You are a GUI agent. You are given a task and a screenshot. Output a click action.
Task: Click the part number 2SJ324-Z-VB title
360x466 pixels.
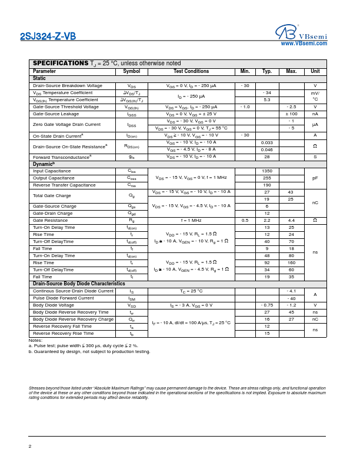(x=48, y=36)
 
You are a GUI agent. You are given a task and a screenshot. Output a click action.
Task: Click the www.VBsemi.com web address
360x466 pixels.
(x=304, y=44)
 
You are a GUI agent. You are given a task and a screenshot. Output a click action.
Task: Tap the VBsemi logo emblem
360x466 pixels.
(x=285, y=32)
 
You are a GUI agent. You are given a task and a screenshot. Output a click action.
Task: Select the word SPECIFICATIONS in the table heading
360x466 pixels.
(x=60, y=63)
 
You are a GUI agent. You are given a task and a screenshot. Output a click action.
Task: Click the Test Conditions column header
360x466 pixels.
(x=191, y=71)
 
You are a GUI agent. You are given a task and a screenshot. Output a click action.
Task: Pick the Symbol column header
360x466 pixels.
(x=132, y=71)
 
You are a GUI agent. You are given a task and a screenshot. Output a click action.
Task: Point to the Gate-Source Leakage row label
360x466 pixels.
(x=56, y=114)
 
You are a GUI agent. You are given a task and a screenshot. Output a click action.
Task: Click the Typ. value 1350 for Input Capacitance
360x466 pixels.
(x=267, y=171)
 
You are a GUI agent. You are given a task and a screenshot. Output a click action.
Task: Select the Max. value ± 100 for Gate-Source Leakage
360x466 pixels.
(x=291, y=114)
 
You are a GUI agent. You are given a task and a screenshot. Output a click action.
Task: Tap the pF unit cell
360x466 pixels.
(x=315, y=178)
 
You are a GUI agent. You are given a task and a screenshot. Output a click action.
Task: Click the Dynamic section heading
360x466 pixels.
(x=44, y=164)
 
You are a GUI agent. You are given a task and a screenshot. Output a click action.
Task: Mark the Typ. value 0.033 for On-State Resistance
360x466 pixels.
(x=267, y=142)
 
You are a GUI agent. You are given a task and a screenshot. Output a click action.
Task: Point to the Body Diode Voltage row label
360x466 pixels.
(x=54, y=305)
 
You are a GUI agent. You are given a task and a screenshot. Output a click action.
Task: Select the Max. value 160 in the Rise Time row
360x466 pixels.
(x=291, y=263)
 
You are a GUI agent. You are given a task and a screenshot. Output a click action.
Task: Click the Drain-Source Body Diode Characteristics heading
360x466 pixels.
(x=79, y=284)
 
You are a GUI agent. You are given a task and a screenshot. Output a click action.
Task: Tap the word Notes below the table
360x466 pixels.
(x=35, y=341)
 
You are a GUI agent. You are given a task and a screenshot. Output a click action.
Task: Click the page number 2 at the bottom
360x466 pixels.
(x=30, y=446)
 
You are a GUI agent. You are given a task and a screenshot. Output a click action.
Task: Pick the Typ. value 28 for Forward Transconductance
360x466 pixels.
(x=267, y=157)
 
